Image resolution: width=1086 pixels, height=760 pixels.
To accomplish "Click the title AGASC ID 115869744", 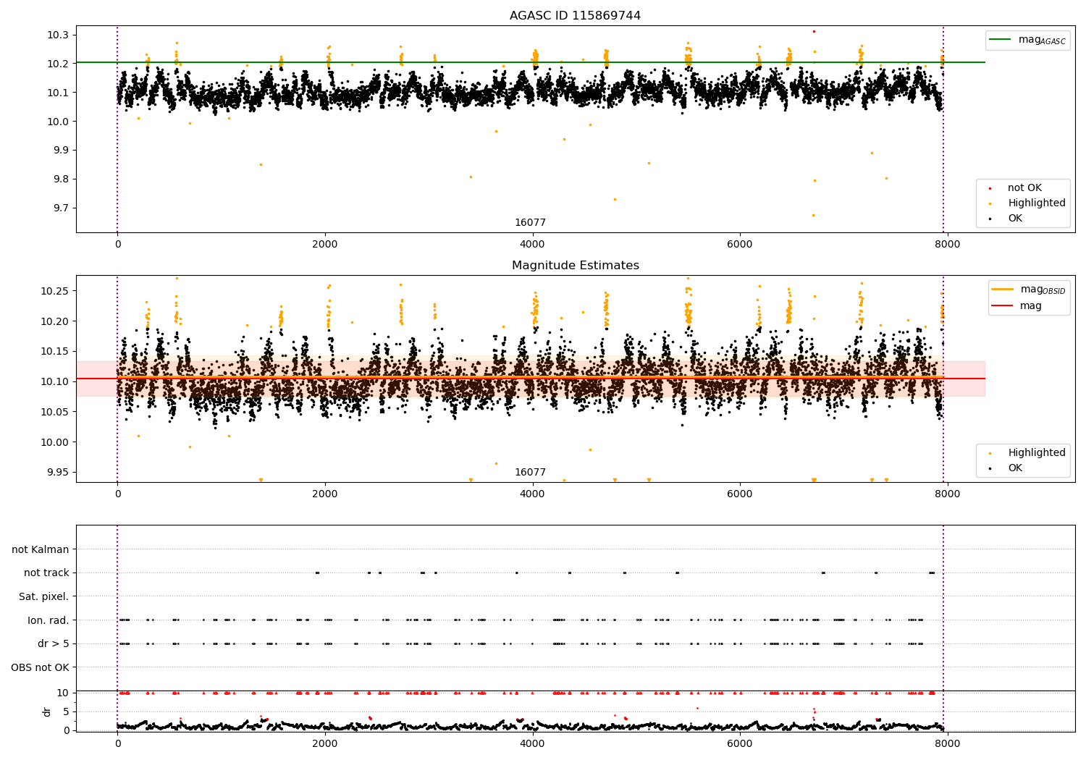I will click(x=575, y=16).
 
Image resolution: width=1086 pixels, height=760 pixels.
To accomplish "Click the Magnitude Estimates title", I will click(x=575, y=266).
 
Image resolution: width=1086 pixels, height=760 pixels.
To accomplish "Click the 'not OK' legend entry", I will click(x=1024, y=188).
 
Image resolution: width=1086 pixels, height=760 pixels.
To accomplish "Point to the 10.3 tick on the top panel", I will click(x=58, y=35).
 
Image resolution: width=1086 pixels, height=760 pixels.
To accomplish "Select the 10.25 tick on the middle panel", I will click(x=55, y=291).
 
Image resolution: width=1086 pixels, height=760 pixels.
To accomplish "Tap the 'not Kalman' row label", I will click(x=41, y=550).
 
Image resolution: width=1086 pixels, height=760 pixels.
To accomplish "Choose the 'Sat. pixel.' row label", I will click(x=44, y=597).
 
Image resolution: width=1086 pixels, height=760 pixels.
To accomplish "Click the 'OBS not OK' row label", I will click(x=40, y=667).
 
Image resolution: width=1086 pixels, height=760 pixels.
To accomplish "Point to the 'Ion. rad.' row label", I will click(x=49, y=620).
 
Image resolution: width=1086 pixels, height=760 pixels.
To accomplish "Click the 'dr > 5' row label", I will click(x=54, y=644).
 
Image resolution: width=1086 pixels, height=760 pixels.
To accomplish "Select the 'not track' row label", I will click(x=46, y=573).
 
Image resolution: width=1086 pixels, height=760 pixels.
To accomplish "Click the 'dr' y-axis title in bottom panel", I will click(x=47, y=712).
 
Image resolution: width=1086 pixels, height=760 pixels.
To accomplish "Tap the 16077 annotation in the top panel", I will click(x=530, y=223).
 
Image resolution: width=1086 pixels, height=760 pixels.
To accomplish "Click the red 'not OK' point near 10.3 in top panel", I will click(x=814, y=31).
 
